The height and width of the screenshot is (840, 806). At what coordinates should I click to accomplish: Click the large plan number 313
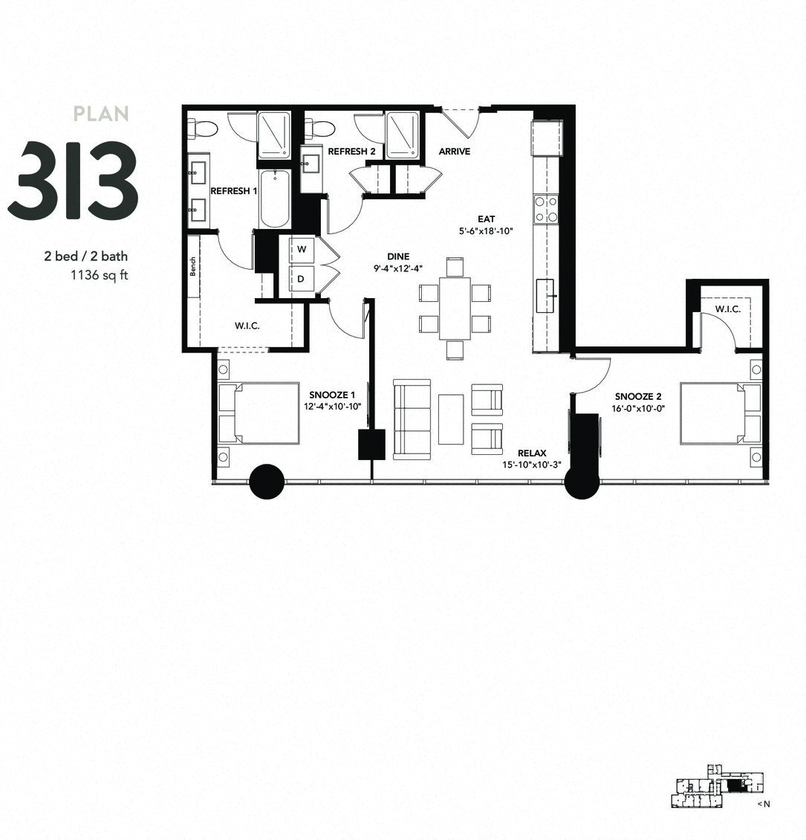click(x=73, y=181)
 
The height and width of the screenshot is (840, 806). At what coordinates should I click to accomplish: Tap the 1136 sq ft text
click(x=99, y=273)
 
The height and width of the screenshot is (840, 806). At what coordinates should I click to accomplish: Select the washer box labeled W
click(x=302, y=250)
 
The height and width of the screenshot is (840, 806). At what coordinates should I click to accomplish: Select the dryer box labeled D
click(x=302, y=280)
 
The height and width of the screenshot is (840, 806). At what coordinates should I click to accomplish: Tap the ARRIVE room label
click(x=455, y=152)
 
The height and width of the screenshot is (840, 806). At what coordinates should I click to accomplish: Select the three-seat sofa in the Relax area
click(x=412, y=419)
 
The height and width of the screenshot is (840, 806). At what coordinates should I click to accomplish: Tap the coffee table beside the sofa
click(x=451, y=419)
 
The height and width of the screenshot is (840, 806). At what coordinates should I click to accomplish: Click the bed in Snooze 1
click(x=261, y=413)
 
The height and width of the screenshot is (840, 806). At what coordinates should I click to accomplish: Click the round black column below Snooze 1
click(x=266, y=482)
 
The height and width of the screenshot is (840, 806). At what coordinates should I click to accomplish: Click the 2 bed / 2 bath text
click(x=85, y=256)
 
